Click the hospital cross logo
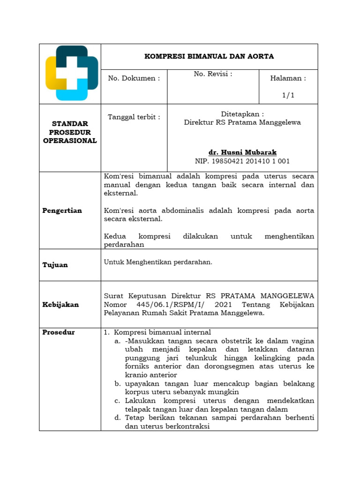[x=71, y=73]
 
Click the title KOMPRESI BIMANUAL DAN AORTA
[x=209, y=56]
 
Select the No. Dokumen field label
[x=134, y=78]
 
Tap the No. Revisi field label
[x=213, y=74]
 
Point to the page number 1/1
[x=288, y=95]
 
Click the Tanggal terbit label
[x=134, y=117]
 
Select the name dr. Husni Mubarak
[x=242, y=153]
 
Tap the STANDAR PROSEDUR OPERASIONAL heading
[x=70, y=132]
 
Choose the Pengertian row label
[x=62, y=210]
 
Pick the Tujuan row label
[x=55, y=265]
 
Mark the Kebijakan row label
[x=61, y=305]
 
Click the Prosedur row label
[x=59, y=332]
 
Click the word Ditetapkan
[x=242, y=114]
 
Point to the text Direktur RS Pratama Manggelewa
[x=242, y=122]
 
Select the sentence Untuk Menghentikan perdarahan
[x=158, y=262]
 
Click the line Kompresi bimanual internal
[x=163, y=332]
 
